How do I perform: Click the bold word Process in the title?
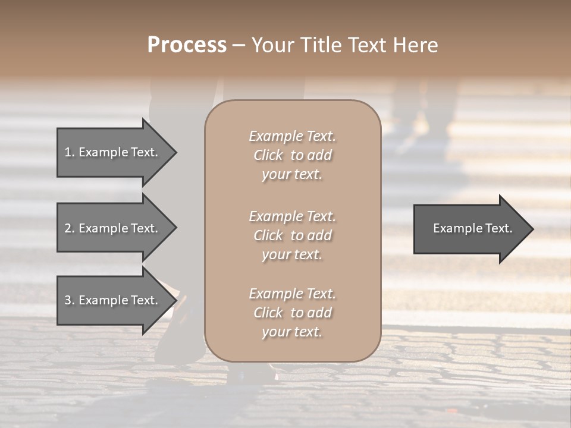187,45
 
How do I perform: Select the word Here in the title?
416,45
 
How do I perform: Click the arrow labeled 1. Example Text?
113,152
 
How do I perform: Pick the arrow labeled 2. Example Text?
113,228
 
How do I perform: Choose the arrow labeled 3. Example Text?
113,301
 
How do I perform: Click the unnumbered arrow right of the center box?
470,228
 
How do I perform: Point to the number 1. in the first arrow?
70,152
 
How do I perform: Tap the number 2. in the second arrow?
70,228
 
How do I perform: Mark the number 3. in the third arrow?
70,301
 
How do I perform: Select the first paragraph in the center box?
292,155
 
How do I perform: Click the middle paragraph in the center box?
292,235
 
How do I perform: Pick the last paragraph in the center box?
292,313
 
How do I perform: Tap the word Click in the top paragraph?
268,156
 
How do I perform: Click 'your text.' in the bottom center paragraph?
292,332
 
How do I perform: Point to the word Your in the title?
271,45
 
